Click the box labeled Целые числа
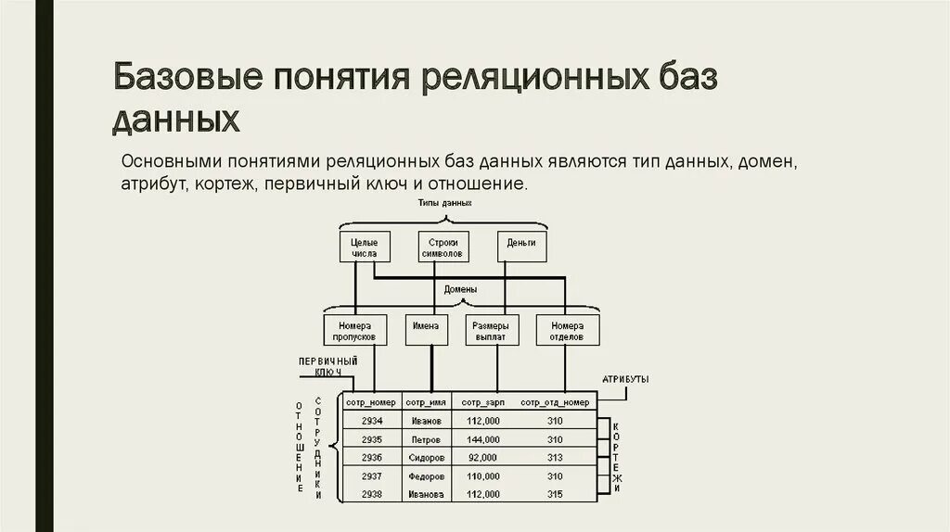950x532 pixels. [365, 247]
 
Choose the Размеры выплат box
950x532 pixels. [490, 330]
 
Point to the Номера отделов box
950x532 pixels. [567, 330]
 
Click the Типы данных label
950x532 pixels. [444, 202]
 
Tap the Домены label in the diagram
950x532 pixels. [460, 289]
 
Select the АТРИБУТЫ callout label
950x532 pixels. [624, 380]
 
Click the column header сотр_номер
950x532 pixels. [371, 402]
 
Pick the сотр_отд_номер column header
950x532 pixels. [555, 402]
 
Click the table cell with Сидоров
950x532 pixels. [427, 458]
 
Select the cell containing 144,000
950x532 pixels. [483, 439]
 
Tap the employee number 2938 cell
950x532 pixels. [371, 494]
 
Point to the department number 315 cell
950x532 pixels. [555, 494]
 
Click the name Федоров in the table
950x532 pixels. [427, 475]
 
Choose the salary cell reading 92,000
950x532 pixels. [483, 458]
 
